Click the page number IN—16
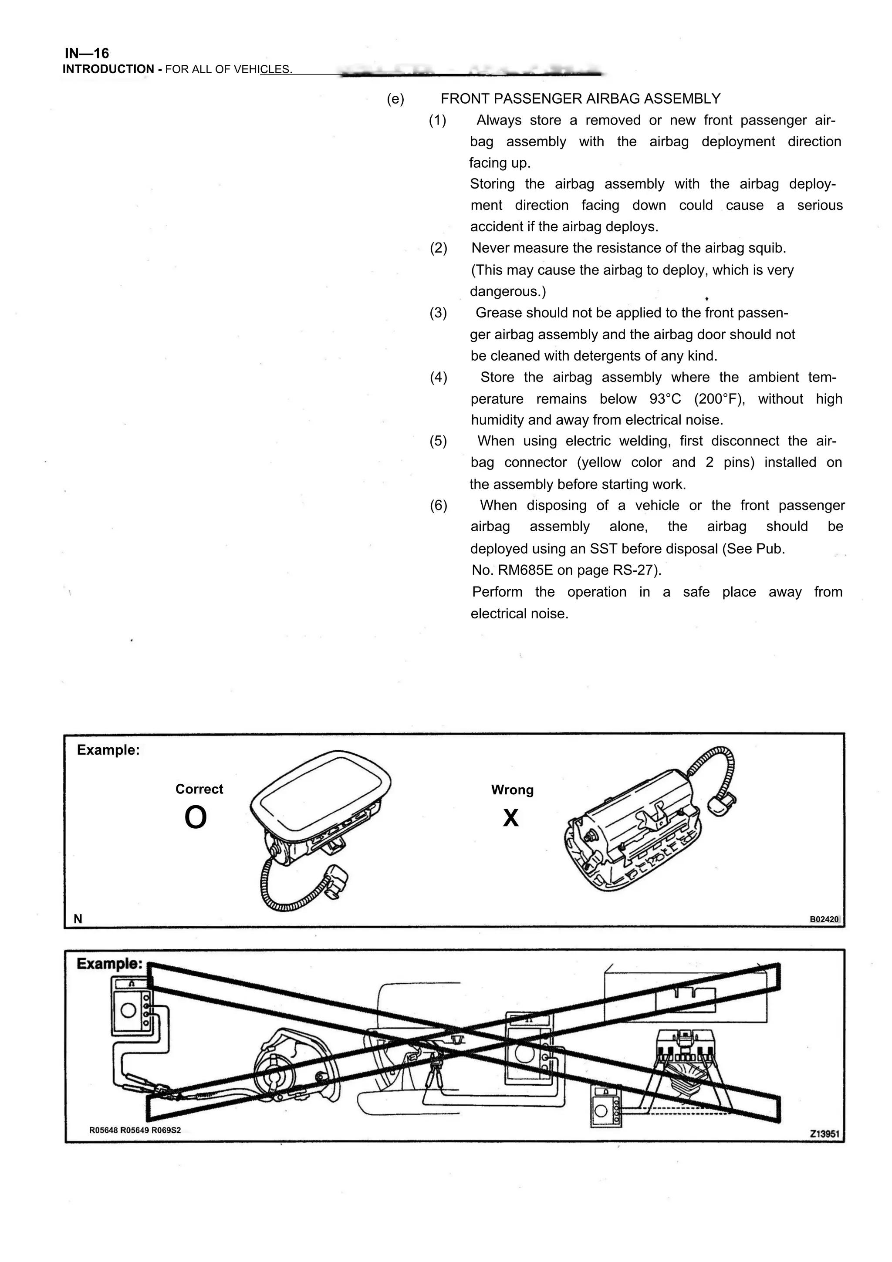coord(87,53)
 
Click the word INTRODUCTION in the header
coord(108,69)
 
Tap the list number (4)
coord(438,378)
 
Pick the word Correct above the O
coord(199,790)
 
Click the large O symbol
coord(196,818)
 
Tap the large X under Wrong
coord(510,818)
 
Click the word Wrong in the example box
coord(512,790)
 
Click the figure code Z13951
coord(824,1134)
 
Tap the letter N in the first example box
coord(78,919)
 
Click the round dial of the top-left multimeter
coord(128,1010)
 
